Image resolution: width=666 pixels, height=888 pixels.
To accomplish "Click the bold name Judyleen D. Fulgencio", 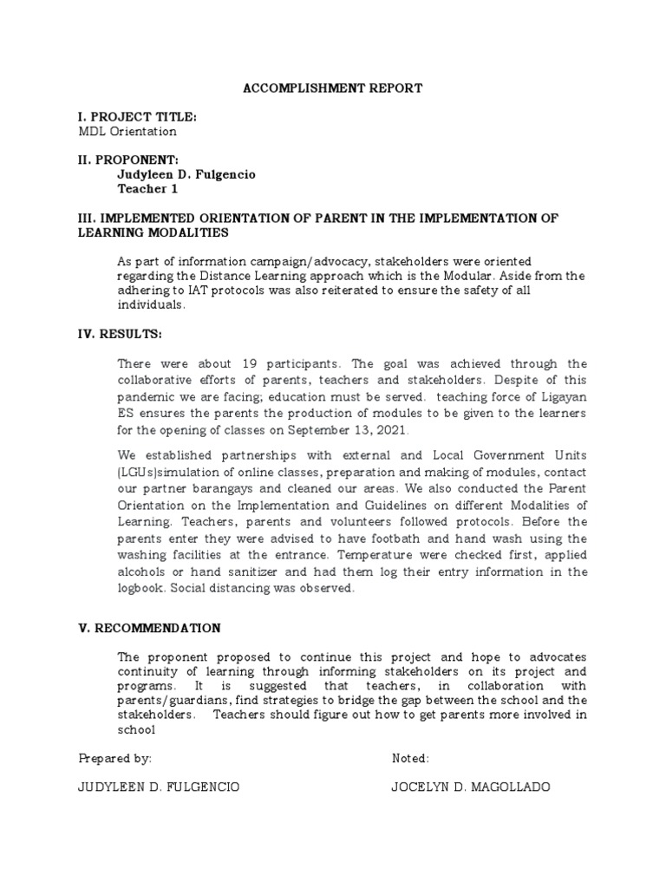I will click(x=186, y=174).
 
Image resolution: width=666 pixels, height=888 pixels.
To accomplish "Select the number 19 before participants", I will click(x=212, y=364).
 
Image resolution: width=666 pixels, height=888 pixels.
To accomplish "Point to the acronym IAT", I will click(x=192, y=291).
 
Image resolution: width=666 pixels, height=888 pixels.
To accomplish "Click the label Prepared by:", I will click(x=115, y=758).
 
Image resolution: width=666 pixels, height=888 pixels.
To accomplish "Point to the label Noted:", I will click(x=410, y=758).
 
